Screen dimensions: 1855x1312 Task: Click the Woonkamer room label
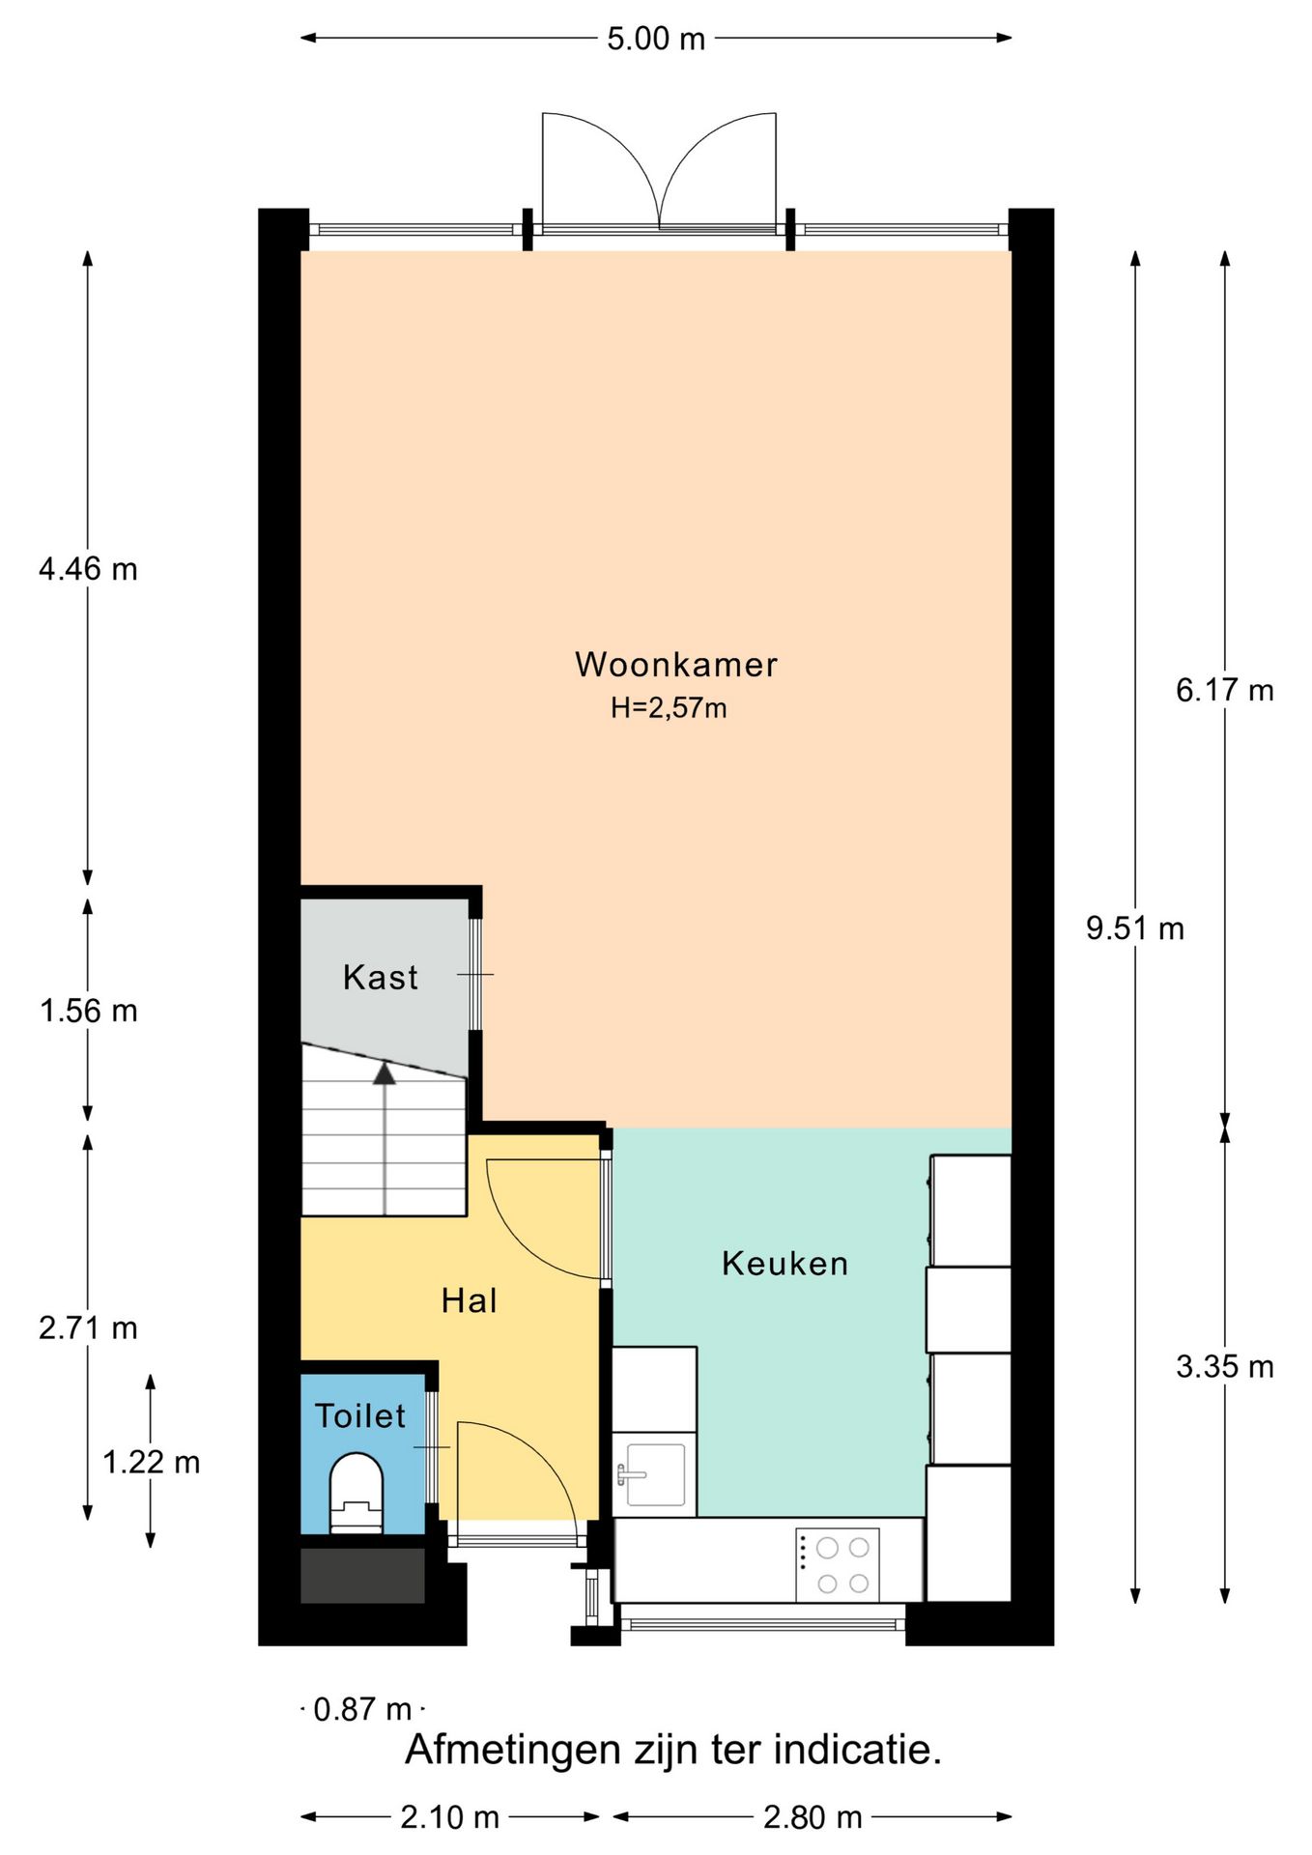[675, 665]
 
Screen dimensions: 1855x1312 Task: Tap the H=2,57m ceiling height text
[668, 708]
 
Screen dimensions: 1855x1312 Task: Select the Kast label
[381, 978]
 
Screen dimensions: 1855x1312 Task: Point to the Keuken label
[784, 1264]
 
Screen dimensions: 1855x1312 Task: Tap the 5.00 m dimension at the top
[656, 39]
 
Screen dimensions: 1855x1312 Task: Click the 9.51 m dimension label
[1134, 928]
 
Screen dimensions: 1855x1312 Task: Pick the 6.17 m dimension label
[1224, 690]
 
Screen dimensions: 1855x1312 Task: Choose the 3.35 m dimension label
[1224, 1367]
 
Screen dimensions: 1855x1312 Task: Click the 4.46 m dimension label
[88, 569]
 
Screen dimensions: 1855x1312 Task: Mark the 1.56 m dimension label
[88, 1012]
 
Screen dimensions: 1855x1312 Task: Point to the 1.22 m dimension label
[151, 1463]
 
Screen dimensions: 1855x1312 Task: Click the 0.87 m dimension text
[362, 1710]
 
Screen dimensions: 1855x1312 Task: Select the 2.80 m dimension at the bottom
[812, 1817]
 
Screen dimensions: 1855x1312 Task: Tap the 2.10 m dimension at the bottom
[449, 1817]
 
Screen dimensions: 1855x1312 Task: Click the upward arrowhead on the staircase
[385, 1072]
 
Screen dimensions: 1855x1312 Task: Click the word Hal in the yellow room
[470, 1301]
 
